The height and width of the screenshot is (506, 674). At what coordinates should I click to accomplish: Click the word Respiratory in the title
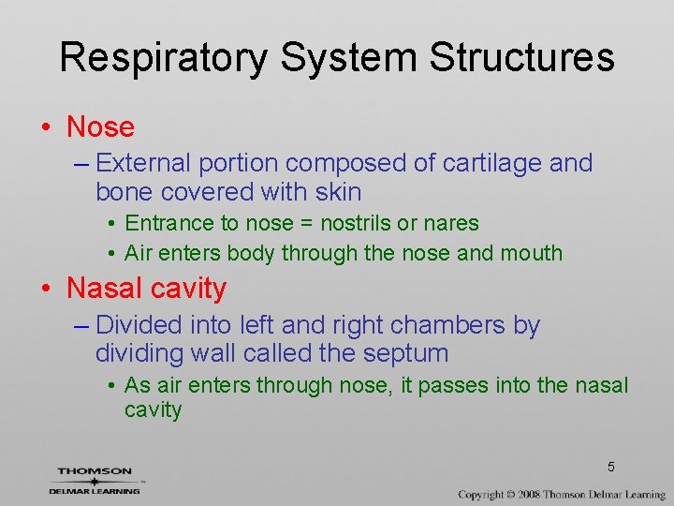coord(164,58)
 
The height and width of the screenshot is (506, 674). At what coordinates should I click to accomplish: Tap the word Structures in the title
coord(521,58)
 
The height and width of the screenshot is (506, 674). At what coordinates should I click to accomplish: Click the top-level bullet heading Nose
coord(100,126)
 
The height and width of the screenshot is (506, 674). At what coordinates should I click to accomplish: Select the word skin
coord(338,192)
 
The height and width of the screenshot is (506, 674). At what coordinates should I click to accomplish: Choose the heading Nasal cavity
coord(147,289)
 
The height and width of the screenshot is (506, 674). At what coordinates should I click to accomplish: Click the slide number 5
coord(610,467)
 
